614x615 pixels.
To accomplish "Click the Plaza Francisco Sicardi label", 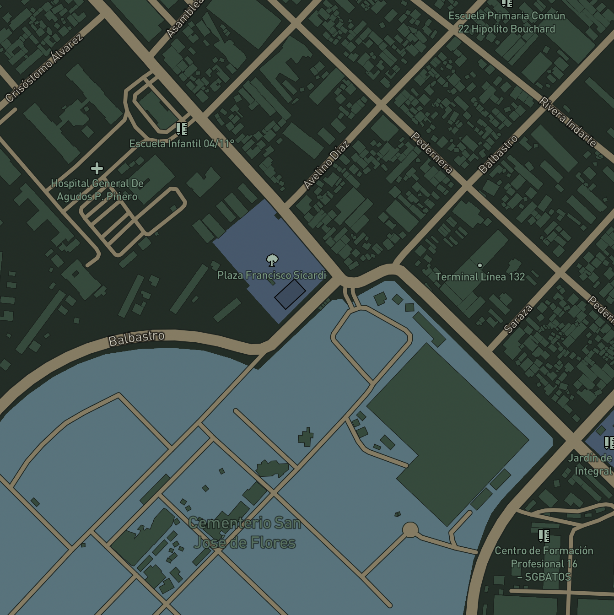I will [271, 275].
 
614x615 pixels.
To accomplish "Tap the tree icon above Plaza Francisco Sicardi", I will [272, 260].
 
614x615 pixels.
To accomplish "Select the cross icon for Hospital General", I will [97, 168].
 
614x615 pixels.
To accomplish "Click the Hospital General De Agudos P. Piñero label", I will [97, 190].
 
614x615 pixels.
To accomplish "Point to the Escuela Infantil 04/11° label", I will [182, 144].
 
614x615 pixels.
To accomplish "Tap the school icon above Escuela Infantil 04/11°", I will [182, 129].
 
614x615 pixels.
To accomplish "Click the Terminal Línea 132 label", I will [480, 277].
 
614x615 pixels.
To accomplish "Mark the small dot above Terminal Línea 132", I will [480, 265].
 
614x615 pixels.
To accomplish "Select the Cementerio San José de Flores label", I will [245, 533].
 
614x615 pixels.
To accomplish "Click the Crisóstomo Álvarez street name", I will [44, 68].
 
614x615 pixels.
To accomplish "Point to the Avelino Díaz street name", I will [327, 165].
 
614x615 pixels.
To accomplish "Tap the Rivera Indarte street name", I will [568, 122].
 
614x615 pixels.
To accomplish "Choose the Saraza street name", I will [518, 318].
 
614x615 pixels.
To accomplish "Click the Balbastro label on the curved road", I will [136, 339].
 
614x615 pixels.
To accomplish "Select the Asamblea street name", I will [184, 18].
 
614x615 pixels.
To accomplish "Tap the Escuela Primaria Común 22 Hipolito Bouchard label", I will [506, 22].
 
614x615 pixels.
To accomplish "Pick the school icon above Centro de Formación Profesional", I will [544, 535].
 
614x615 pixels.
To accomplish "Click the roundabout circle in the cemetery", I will [410, 530].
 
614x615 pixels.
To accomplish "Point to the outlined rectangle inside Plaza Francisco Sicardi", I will [290, 294].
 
